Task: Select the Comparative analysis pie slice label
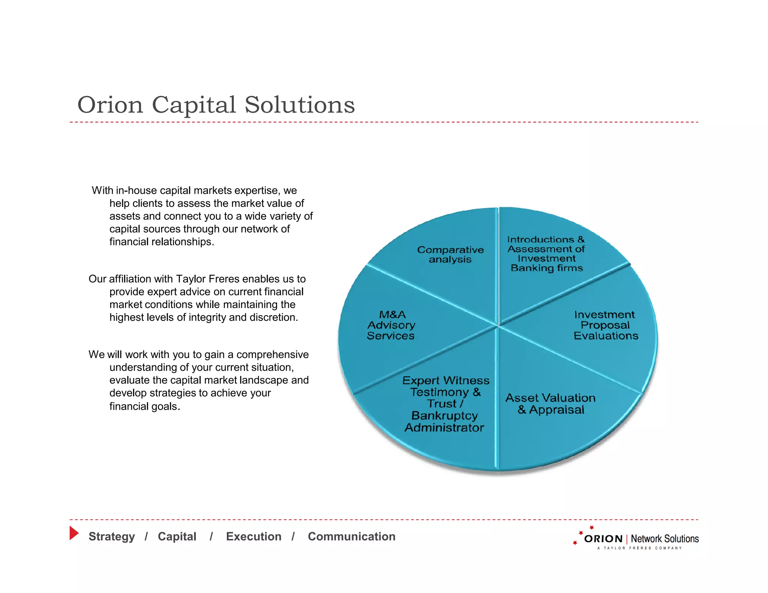pos(450,255)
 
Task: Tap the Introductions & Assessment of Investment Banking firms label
pos(546,254)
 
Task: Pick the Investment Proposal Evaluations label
pos(605,325)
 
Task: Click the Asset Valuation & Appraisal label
pos(550,404)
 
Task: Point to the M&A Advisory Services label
pos(391,325)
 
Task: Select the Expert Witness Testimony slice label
pos(445,404)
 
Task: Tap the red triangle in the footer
pos(73,533)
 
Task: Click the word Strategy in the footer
pos(111,536)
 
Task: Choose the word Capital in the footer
pos(177,536)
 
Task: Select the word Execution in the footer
pos(253,536)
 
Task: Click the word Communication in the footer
pos(351,536)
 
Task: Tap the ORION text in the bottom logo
pos(603,539)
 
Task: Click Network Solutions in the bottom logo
pos(664,539)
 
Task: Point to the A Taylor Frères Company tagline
pos(639,548)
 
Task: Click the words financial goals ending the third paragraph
pos(144,406)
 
